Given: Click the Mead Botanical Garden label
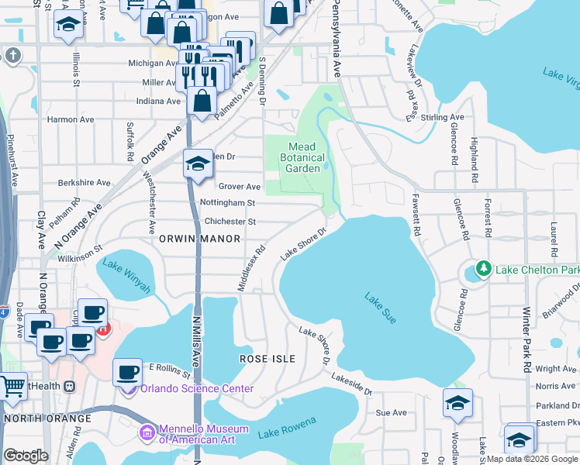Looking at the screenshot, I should [x=302, y=157].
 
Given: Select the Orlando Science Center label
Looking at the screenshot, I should [x=195, y=388].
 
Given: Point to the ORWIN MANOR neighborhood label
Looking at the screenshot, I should [x=199, y=239].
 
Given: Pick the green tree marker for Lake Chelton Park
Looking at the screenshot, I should [x=485, y=269].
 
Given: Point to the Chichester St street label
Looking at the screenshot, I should [x=230, y=222].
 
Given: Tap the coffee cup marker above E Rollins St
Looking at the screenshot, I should [x=128, y=372].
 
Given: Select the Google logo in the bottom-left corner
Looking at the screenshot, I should [x=25, y=456].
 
